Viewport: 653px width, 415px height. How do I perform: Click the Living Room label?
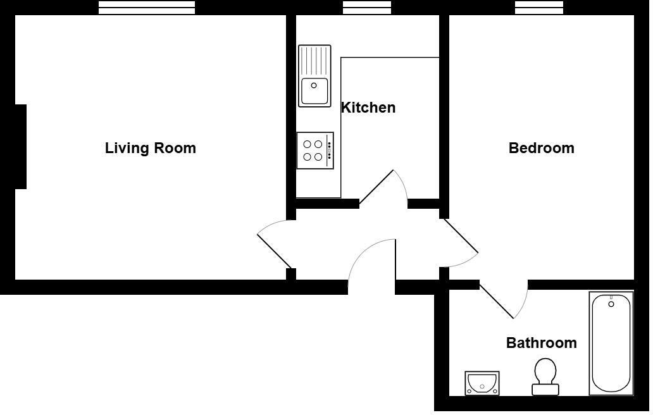150,148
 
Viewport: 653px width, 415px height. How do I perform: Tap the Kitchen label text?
368,108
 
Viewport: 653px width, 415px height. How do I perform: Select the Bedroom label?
541,148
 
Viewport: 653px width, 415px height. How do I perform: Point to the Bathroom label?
541,343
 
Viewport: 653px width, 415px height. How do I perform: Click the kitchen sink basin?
314,90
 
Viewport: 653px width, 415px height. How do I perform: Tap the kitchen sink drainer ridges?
314,61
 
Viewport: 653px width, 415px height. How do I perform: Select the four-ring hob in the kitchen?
314,151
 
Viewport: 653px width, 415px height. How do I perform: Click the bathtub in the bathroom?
611,345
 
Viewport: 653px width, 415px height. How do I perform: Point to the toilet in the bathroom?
545,376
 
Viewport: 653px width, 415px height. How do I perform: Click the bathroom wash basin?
482,383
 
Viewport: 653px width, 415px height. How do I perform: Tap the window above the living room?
147,8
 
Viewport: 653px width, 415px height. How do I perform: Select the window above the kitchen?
367,8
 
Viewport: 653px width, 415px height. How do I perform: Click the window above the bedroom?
538,8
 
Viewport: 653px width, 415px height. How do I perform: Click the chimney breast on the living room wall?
20,147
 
